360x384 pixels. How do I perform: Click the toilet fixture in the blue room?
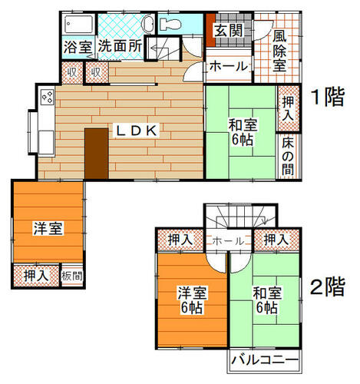tap(170, 25)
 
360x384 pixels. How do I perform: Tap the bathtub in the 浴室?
tap(79, 25)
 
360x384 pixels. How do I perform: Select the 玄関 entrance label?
tap(229, 31)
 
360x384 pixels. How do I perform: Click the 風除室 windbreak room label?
tap(279, 51)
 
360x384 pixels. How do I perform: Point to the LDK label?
tap(137, 131)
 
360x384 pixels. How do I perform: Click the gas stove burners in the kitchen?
tap(48, 97)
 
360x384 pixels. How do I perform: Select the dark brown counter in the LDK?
tap(97, 154)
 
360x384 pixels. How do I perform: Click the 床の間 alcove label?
tap(288, 157)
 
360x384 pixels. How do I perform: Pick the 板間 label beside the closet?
tap(72, 276)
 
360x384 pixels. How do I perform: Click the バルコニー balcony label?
tap(265, 360)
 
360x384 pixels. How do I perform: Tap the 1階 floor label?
tap(328, 97)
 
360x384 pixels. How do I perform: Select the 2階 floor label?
tap(328, 286)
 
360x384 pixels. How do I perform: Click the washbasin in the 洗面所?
tap(148, 25)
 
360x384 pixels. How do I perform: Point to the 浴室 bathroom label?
tap(78, 47)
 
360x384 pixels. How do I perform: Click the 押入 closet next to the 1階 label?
tap(289, 108)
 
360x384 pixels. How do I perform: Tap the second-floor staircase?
tap(240, 216)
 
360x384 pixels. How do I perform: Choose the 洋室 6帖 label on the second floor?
tap(192, 300)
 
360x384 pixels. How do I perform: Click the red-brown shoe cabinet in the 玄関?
tap(211, 30)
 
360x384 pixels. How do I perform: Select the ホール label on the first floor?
tap(229, 66)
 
